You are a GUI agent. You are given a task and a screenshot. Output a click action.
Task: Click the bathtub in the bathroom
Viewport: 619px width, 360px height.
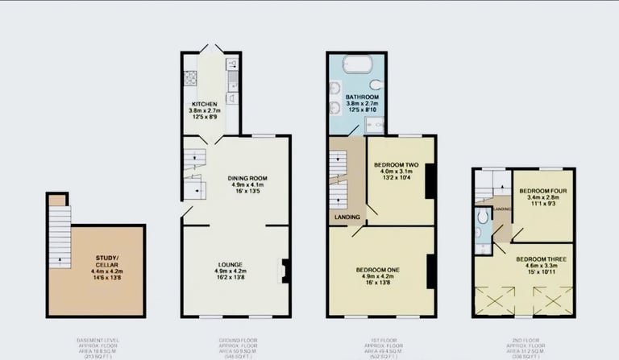(356, 64)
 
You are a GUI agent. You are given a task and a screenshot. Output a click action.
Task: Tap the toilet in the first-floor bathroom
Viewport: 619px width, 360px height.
(376, 84)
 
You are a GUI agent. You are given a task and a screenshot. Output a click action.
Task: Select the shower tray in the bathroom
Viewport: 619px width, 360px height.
(375, 124)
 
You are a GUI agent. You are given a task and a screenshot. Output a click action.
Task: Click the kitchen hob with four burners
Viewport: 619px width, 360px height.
(192, 77)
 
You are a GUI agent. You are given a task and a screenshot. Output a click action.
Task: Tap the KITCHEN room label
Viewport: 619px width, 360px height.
(204, 105)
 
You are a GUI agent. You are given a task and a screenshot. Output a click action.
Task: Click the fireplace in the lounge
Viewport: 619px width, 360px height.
(285, 271)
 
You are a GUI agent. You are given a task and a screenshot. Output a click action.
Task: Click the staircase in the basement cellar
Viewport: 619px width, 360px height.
(60, 236)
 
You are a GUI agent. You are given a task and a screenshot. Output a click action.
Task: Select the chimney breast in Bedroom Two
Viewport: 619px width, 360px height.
(430, 180)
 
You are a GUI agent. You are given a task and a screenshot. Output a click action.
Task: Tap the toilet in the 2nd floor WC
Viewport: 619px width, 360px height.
(481, 231)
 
